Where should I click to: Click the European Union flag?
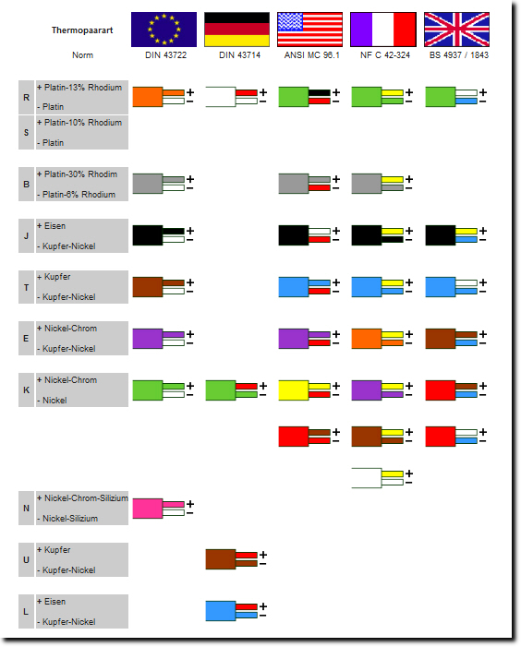click(164, 30)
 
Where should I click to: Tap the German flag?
click(237, 30)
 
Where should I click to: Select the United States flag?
click(310, 30)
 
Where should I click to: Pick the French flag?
click(383, 30)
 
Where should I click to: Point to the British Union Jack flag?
click(456, 30)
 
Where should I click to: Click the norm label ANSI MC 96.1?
click(311, 55)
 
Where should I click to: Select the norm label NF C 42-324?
click(385, 55)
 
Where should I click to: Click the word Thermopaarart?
click(82, 30)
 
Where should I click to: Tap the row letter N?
click(26, 509)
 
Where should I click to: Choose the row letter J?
click(26, 235)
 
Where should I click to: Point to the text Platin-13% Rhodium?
click(83, 88)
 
